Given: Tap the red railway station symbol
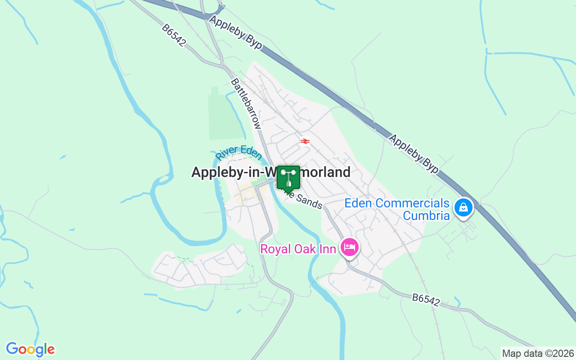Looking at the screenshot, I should point(305,141).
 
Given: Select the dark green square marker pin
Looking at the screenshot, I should point(288,178).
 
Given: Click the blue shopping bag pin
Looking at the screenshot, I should point(463,208).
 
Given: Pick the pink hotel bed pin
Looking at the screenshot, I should point(350,247).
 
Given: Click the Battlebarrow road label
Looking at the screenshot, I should point(246,104).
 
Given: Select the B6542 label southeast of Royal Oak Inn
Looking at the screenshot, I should point(426,300).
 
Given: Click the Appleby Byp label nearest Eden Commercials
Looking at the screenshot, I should point(414,153).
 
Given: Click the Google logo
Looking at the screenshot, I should point(30,349).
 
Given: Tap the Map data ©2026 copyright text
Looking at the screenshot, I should point(538,353).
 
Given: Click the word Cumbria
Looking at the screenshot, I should point(426,216).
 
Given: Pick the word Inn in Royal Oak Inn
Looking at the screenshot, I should point(327,249).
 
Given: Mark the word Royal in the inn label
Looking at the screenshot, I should point(275,249).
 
